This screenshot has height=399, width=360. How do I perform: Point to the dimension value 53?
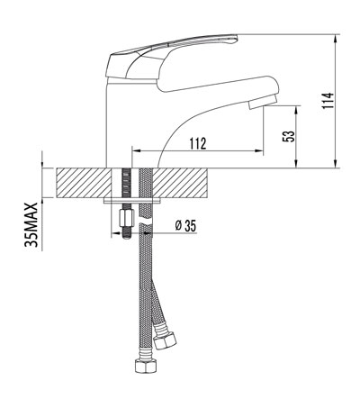tap(289, 135)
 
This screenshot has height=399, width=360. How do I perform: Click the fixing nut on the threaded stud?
tap(124, 219)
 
